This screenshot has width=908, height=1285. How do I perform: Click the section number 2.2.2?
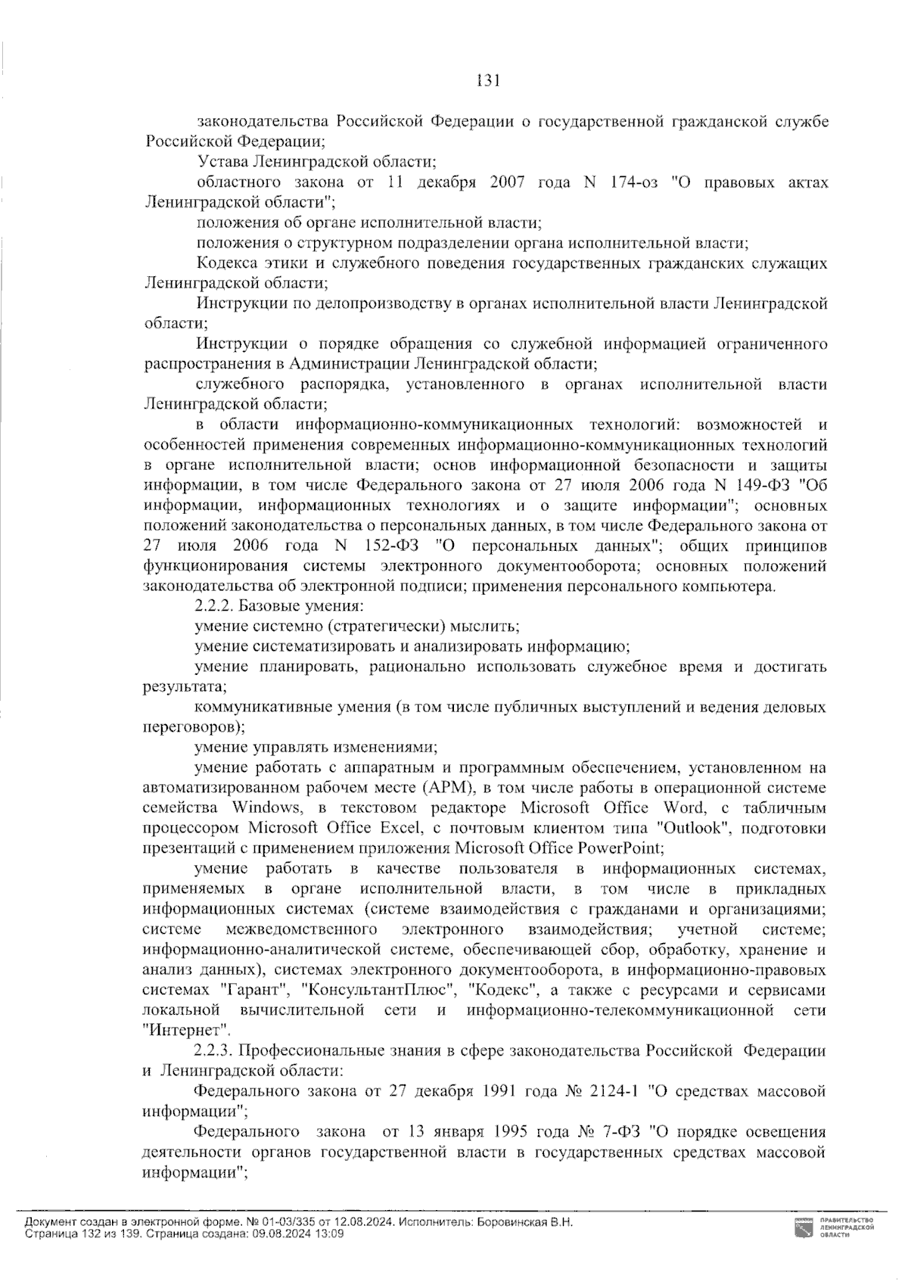pyautogui.click(x=215, y=606)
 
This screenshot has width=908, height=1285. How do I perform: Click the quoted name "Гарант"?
pyautogui.click(x=255, y=990)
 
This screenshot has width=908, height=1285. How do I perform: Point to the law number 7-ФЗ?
pyautogui.click(x=620, y=1132)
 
